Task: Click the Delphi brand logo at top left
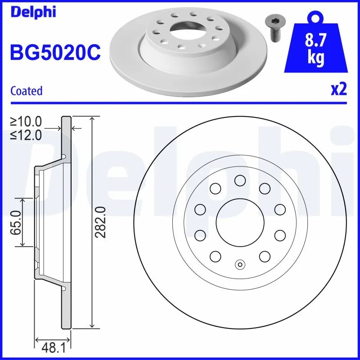[x=32, y=12]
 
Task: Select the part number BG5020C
[x=54, y=53]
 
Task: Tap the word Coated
[x=26, y=91]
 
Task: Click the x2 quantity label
[x=338, y=90]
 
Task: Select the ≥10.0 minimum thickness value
[x=26, y=121]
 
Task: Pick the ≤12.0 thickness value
[x=26, y=135]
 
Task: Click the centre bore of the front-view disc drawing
[x=239, y=222]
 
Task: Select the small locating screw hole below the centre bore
[x=239, y=265]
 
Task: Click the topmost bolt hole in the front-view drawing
[x=239, y=180]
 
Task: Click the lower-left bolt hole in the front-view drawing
[x=215, y=256]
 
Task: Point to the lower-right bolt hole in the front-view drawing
[x=264, y=256]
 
